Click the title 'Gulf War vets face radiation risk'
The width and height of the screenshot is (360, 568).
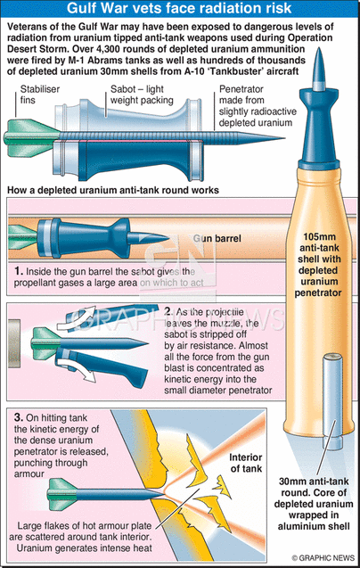coord(179,8)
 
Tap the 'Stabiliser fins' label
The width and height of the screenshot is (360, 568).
coord(40,95)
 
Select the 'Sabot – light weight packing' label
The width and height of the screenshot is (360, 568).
coord(142,95)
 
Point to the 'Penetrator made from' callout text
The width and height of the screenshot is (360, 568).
coord(241,95)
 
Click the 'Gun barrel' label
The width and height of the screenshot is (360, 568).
coord(217,238)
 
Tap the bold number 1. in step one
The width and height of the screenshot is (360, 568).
coord(19,271)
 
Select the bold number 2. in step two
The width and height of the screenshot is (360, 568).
coord(168,311)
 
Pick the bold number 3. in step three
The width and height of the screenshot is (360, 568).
coord(19,417)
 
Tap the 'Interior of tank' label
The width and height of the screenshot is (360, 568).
coord(246,463)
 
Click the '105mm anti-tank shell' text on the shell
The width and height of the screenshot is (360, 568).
coord(319,248)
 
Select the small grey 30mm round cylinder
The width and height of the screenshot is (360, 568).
coord(332,400)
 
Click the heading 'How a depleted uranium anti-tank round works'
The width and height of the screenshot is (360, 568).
coord(113,190)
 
